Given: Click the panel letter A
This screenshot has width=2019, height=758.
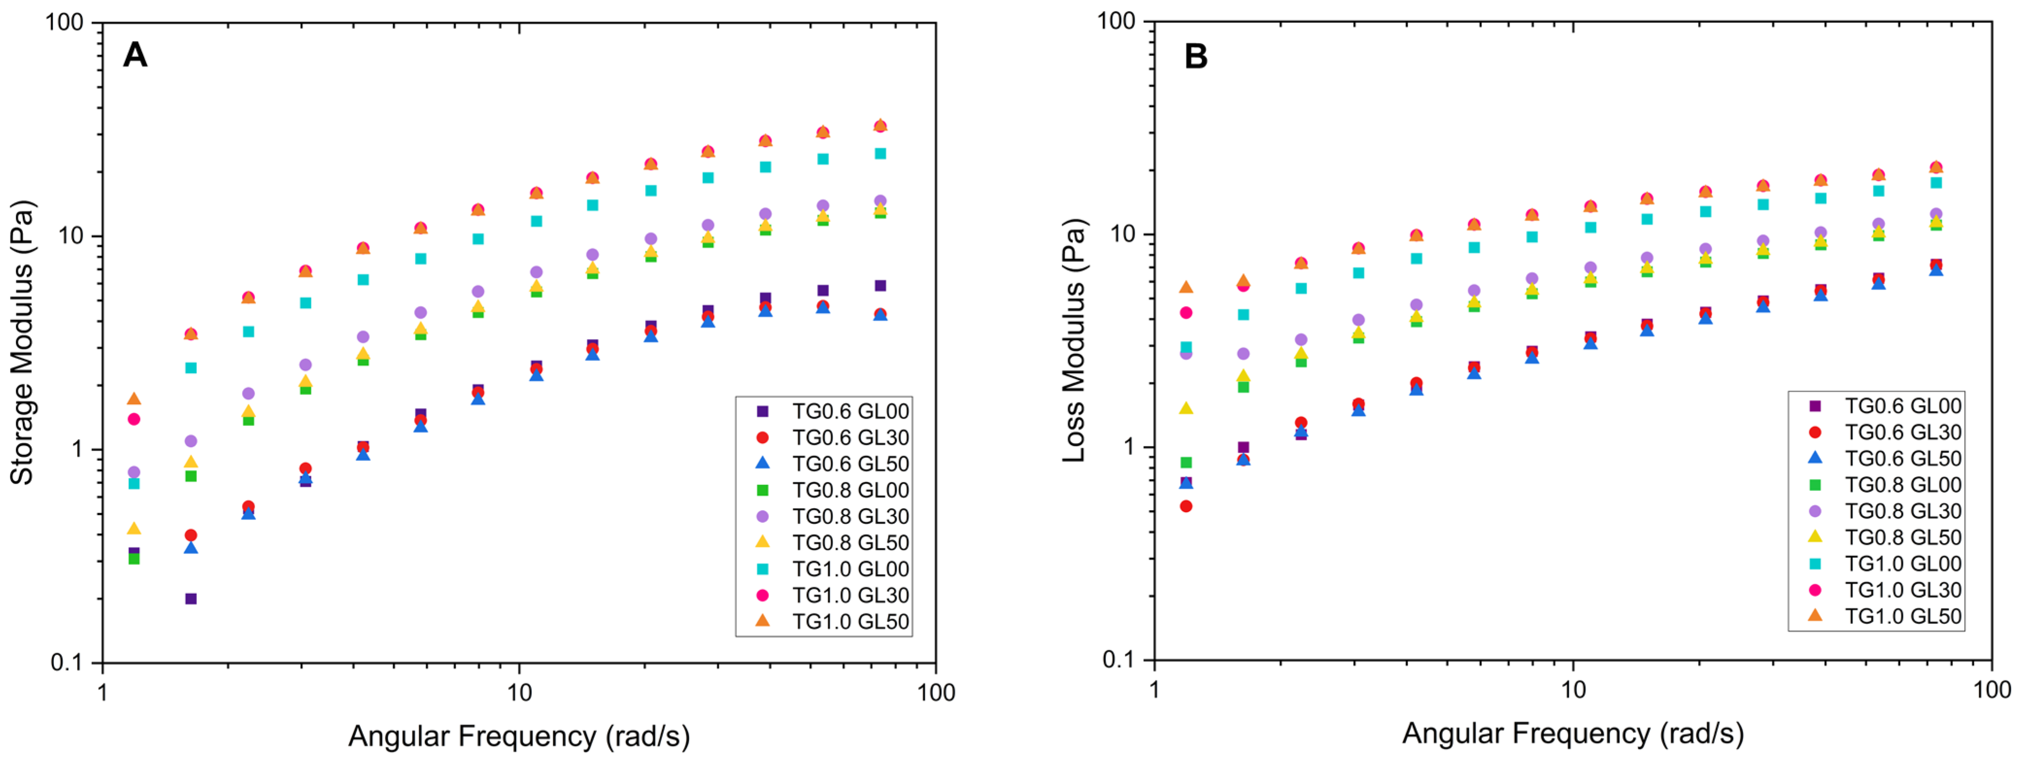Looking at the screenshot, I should pos(135,56).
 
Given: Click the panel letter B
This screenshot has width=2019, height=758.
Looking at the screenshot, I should pos(1195,56).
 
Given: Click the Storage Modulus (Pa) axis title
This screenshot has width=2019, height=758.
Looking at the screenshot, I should pos(22,343).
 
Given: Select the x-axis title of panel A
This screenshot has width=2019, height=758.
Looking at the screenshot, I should pos(519,735).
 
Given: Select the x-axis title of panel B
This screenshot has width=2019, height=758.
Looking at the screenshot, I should pos(1572,733).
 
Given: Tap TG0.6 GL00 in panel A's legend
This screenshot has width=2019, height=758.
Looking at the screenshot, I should pos(850,411).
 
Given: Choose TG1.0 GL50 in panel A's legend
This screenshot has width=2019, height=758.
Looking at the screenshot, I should pos(850,621).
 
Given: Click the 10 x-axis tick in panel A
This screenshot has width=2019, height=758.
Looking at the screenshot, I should pos(519,692).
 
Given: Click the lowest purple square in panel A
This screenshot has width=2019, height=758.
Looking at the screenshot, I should pos(190,599).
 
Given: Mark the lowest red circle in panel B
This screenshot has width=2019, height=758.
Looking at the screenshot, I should pos(1186,506).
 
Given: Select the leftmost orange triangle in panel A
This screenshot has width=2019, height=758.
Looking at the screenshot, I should pos(134,399).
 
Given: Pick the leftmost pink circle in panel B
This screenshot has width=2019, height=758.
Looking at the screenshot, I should pos(1186,313).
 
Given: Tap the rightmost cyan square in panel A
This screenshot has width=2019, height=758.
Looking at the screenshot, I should pos(880,154).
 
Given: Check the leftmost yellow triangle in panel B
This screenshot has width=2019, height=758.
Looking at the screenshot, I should pos(1186,408).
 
